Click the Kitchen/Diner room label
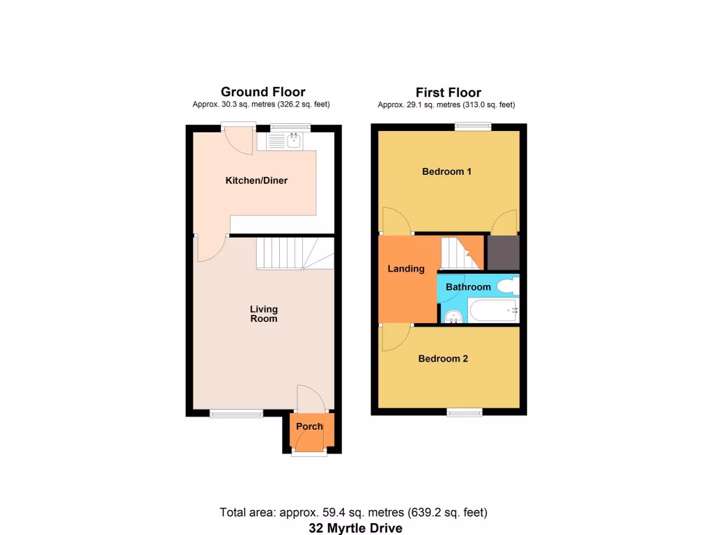[x=256, y=180]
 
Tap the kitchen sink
[x=293, y=142]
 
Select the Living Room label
[x=264, y=313]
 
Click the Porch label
[x=309, y=426]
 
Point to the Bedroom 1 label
[x=446, y=171]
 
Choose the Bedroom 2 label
[x=443, y=359]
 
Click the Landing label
[x=406, y=268]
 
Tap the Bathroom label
[x=468, y=287]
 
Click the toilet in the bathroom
[x=508, y=285]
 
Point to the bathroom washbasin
[x=453, y=317]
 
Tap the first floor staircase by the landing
[x=460, y=253]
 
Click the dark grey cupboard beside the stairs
[x=503, y=253]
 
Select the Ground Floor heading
[x=263, y=92]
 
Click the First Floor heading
[x=448, y=93]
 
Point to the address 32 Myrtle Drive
[x=356, y=527]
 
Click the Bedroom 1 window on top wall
[x=473, y=127]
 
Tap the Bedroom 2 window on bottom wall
[x=464, y=412]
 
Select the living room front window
[x=237, y=414]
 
